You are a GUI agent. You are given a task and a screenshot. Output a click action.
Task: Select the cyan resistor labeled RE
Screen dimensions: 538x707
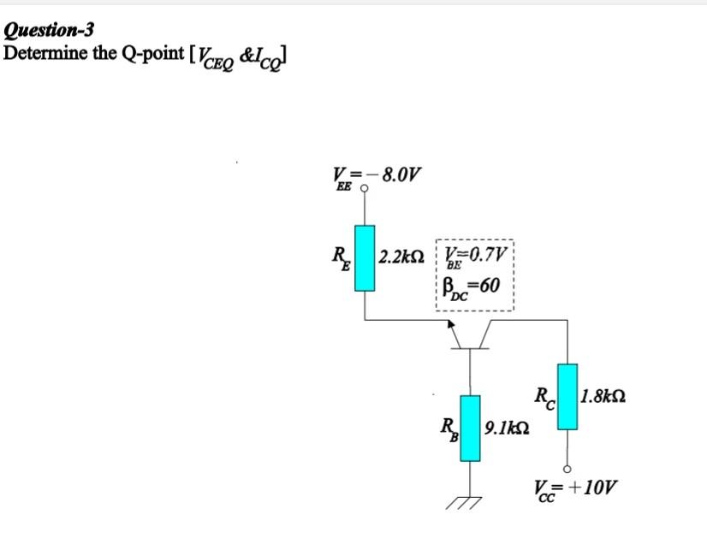(366, 258)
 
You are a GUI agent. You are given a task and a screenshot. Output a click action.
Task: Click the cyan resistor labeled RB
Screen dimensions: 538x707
(470, 427)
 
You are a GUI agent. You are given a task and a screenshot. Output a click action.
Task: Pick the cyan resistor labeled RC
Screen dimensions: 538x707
(566, 396)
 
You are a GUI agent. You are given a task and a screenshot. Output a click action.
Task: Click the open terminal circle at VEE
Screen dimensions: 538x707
(365, 190)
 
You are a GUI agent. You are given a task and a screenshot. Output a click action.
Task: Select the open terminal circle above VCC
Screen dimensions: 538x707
(566, 467)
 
